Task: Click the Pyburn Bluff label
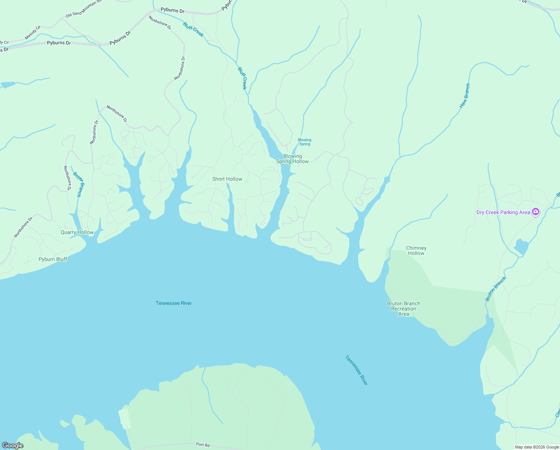(x=53, y=259)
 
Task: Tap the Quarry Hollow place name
(x=77, y=232)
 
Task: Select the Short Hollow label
(x=227, y=179)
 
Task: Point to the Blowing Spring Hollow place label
(x=292, y=159)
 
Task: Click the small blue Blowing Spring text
(x=304, y=142)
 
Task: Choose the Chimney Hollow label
(x=416, y=250)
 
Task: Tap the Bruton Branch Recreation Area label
(x=404, y=309)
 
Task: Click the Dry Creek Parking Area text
(x=503, y=212)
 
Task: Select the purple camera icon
(x=536, y=212)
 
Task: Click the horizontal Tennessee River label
(x=174, y=303)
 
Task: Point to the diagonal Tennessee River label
(x=356, y=370)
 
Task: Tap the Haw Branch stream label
(x=465, y=96)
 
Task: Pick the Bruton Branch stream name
(x=496, y=289)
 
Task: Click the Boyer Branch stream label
(x=77, y=184)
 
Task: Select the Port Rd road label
(x=203, y=444)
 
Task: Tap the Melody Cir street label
(x=33, y=33)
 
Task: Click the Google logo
(x=13, y=445)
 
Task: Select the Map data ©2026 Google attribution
(x=537, y=447)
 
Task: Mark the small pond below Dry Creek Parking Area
(x=521, y=247)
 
